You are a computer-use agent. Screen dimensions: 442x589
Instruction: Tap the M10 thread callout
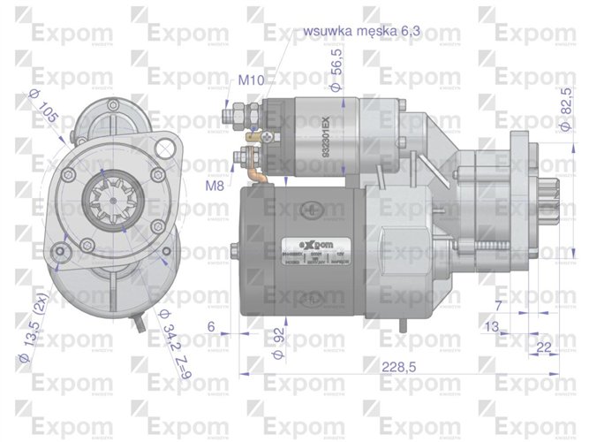point(251,80)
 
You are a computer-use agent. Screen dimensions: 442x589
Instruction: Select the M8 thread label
point(215,186)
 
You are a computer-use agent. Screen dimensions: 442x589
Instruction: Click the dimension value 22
point(543,346)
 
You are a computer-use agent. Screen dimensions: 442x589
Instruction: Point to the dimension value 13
point(492,327)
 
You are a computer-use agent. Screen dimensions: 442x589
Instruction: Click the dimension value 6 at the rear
point(211,326)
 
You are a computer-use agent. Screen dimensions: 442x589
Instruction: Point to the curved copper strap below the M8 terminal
point(253,176)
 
